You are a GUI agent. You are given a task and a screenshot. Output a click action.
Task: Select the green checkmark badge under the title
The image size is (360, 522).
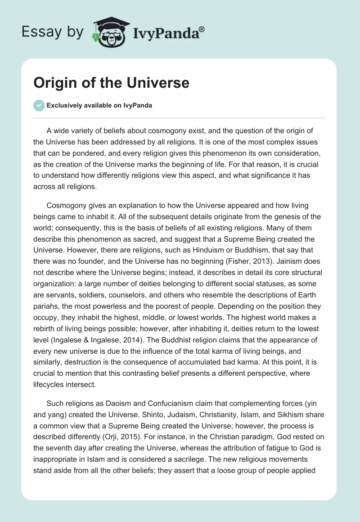pyautogui.click(x=39, y=106)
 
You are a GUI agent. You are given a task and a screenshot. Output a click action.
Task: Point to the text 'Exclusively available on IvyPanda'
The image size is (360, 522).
pyautogui.click(x=99, y=106)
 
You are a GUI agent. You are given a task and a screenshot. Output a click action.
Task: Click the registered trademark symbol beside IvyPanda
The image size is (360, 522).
pyautogui.click(x=203, y=28)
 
